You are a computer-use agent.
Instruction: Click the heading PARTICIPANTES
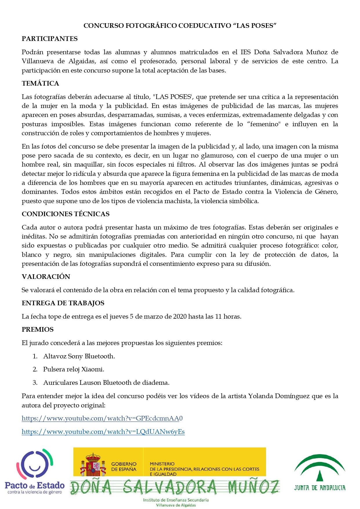pos(50,39)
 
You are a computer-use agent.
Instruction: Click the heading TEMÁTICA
pos(40,84)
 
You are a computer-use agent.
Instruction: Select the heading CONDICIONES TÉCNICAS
pos(66,214)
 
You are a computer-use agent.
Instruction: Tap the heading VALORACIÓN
pos(46,277)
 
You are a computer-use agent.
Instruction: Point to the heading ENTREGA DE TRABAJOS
pos(63,303)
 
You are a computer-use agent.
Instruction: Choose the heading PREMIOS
pos(38,330)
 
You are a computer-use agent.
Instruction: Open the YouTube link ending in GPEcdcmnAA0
pos(102,418)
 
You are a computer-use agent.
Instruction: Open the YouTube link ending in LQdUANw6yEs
pos(103,432)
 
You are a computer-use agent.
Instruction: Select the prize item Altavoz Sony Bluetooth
pos(79,356)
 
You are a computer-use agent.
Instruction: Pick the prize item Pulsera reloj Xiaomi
pos(74,369)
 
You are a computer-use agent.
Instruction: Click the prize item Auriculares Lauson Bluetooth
pos(106,383)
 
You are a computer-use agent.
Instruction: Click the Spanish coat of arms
pos(92,465)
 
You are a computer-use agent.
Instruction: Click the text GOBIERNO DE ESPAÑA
pos(124,467)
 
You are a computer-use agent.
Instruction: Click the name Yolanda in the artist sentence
pos(260,396)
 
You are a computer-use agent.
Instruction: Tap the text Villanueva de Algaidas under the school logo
pos(176,505)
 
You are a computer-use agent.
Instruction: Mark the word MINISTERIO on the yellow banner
pos(162,464)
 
